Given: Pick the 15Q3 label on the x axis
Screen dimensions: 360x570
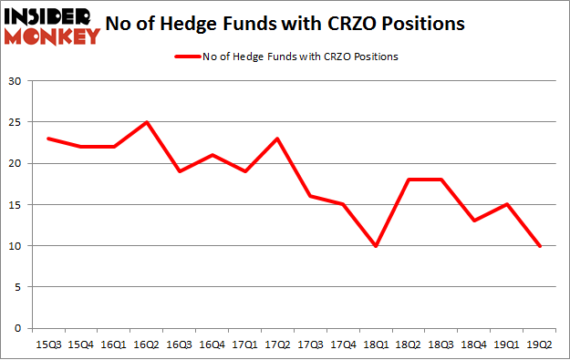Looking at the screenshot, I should click(x=48, y=344).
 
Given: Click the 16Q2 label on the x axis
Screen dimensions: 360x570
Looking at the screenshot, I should click(x=147, y=344).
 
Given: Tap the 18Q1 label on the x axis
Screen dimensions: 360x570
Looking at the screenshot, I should click(x=376, y=344).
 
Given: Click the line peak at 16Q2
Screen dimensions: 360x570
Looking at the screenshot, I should click(x=147, y=122).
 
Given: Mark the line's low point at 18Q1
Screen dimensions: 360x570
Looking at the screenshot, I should click(x=376, y=245).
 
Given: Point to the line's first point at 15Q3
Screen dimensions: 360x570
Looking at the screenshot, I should click(x=48, y=139).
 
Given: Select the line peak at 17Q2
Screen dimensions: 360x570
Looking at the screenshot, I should click(x=277, y=139).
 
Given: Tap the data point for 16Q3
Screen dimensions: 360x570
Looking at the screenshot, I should click(x=180, y=171).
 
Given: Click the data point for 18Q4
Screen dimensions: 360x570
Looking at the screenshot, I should click(x=473, y=221).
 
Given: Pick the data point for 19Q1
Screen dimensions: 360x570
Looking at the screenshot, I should click(x=506, y=204).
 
